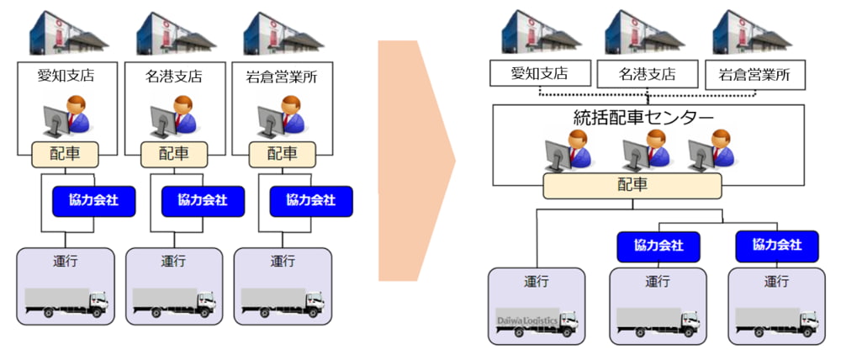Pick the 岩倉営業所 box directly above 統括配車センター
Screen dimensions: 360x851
pos(754,75)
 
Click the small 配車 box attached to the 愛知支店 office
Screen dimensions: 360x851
pos(66,154)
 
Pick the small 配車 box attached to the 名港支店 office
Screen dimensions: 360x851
pos(173,154)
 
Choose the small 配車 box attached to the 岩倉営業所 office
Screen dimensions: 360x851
pos(282,154)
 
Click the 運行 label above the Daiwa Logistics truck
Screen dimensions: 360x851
pos(536,281)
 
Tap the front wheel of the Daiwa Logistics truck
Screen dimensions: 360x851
pos(565,332)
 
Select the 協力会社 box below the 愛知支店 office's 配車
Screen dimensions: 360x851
pos(93,201)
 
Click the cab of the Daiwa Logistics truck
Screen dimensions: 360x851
pos(569,320)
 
